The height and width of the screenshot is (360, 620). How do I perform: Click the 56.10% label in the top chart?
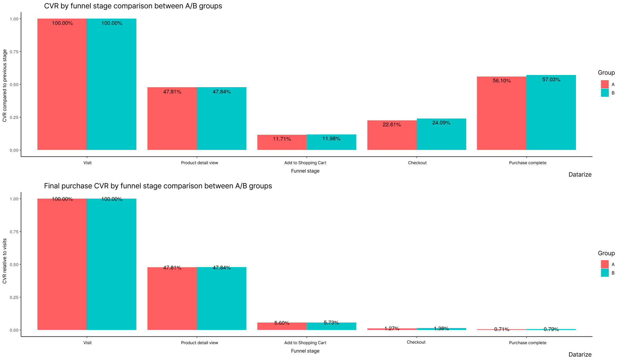click(502, 81)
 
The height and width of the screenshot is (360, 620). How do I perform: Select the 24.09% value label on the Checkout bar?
click(441, 123)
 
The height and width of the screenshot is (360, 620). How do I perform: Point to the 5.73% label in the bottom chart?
click(331, 323)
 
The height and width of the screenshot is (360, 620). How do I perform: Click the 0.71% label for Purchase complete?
click(502, 329)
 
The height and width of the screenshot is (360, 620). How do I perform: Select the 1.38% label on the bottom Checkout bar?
click(441, 329)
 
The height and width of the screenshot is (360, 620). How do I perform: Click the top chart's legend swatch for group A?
click(604, 84)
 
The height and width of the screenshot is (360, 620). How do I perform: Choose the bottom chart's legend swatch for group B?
click(604, 273)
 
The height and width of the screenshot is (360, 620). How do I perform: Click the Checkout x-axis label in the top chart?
click(417, 163)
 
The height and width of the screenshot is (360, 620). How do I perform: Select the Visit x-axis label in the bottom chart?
click(87, 343)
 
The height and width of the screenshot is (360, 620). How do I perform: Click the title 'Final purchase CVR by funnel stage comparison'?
click(158, 186)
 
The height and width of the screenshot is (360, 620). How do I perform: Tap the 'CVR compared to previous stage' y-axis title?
click(5, 86)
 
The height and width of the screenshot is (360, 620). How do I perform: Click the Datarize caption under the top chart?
click(580, 175)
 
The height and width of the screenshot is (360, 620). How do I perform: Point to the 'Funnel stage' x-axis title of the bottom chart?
click(305, 351)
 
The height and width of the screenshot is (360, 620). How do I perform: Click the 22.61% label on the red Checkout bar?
click(392, 125)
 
